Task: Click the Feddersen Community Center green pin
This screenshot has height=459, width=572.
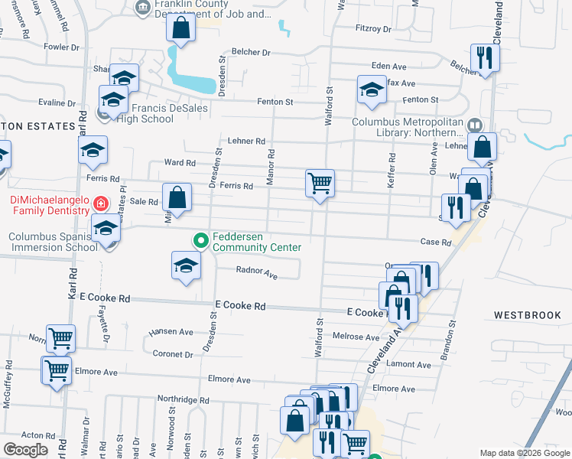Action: click(201, 240)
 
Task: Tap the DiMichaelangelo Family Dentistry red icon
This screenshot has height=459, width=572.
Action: click(100, 203)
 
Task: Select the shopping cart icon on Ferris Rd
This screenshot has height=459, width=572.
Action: click(320, 184)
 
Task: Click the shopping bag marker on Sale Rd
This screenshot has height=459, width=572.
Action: click(177, 198)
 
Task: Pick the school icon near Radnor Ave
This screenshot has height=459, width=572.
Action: click(185, 266)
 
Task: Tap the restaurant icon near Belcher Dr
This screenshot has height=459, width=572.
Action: click(485, 57)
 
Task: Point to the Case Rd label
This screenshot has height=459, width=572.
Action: click(436, 243)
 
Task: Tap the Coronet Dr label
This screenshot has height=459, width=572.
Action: click(172, 354)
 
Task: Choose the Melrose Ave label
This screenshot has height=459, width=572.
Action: click(356, 337)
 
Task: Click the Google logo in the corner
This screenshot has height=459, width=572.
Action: click(25, 450)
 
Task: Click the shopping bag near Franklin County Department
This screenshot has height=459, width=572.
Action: click(182, 29)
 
